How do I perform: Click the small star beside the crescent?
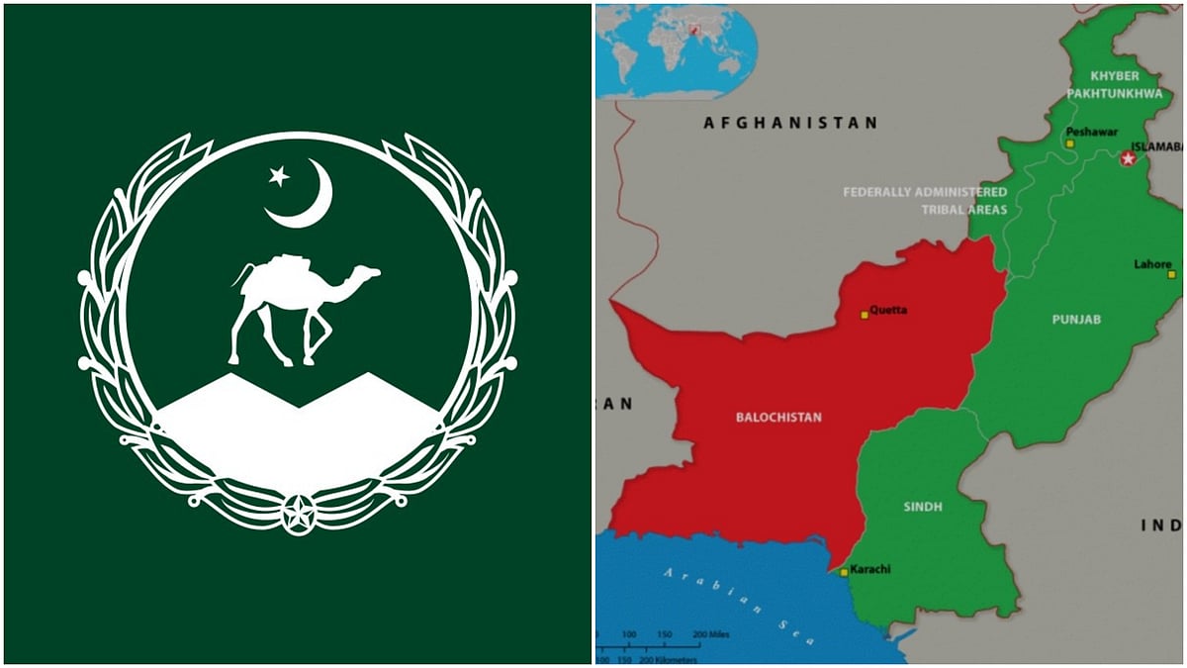click(x=279, y=176)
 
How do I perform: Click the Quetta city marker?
click(x=864, y=315)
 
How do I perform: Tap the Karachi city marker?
click(x=843, y=572)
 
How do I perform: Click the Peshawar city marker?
click(x=1069, y=143)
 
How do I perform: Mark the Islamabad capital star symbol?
click(x=1127, y=158)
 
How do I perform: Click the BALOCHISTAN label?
click(x=778, y=418)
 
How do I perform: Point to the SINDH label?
click(x=922, y=507)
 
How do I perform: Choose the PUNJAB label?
click(x=1077, y=320)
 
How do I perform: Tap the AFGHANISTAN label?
click(x=789, y=124)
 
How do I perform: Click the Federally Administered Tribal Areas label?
click(x=925, y=200)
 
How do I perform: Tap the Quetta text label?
click(x=887, y=310)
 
